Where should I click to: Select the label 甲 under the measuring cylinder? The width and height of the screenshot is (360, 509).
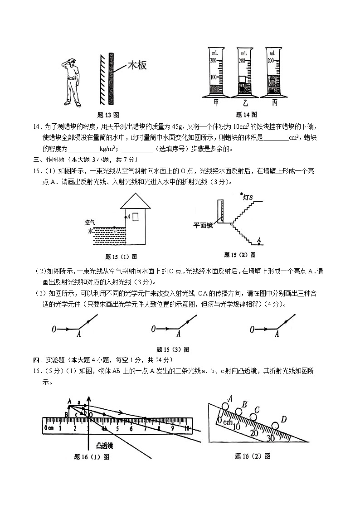[x=216, y=103]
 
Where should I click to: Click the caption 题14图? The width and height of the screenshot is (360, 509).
[x=247, y=115]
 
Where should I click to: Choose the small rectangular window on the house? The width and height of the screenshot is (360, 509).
[x=135, y=217]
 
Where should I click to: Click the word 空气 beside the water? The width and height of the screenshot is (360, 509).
[x=90, y=222]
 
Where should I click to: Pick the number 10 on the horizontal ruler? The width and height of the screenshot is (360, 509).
[x=187, y=428]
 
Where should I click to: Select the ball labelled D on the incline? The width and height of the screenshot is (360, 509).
[x=275, y=426]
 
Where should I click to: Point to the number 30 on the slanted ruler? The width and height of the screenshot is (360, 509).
[x=271, y=438]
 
